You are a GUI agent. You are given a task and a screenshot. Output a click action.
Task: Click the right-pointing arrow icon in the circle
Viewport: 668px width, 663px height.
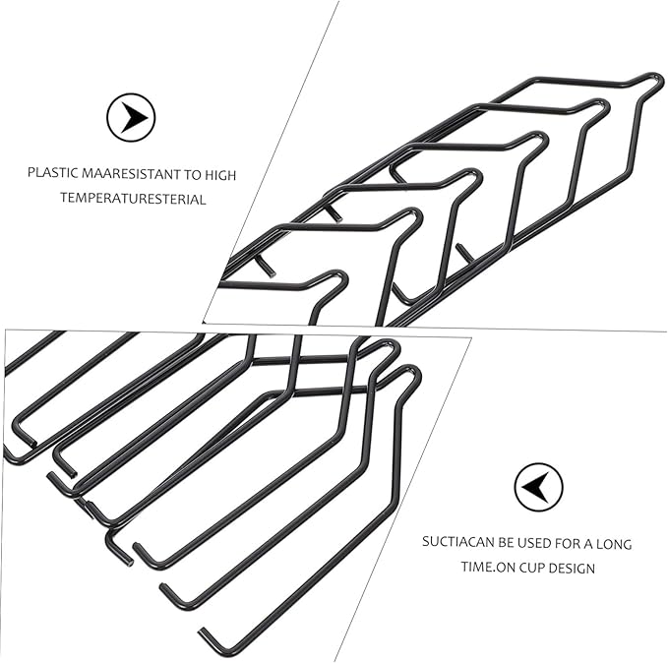[x=131, y=117]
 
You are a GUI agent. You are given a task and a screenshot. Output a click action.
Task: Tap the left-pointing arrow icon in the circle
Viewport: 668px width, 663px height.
[x=538, y=487]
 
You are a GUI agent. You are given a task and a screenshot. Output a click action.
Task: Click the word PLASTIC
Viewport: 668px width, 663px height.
[x=53, y=172]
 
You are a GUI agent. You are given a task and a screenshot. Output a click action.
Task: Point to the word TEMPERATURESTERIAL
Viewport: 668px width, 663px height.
[x=133, y=199]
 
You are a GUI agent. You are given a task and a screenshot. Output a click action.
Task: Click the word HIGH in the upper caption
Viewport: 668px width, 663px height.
[x=220, y=175]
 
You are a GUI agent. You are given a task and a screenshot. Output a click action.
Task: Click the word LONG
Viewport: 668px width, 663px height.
[x=614, y=544]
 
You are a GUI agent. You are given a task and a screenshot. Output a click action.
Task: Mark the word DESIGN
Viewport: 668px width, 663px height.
[x=572, y=568]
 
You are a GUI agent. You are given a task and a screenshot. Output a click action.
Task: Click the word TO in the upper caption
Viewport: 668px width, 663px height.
[x=193, y=175]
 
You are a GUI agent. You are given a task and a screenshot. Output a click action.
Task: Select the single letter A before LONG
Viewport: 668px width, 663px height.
[x=588, y=544]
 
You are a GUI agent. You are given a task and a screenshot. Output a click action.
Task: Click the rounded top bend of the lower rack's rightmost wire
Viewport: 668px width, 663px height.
[x=412, y=369]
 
